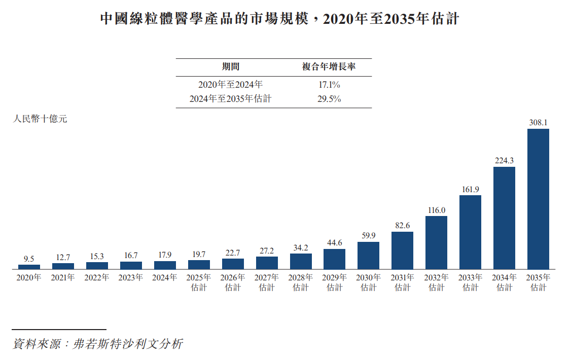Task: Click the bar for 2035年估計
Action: pyautogui.click(x=538, y=199)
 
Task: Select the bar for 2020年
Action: pyautogui.click(x=29, y=267)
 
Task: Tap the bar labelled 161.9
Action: pyautogui.click(x=470, y=232)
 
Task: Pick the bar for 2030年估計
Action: pyautogui.click(x=368, y=256)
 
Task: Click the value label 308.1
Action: pyautogui.click(x=538, y=123)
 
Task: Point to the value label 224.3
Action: pyautogui.click(x=504, y=160)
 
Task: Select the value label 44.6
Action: pyautogui.click(x=334, y=242)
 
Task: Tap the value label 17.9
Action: pyautogui.click(x=165, y=255)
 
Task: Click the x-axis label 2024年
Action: pyautogui.click(x=165, y=277)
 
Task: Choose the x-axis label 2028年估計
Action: pyautogui.click(x=301, y=282)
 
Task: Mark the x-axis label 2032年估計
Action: pyautogui.click(x=436, y=282)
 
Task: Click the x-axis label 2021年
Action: pyautogui.click(x=63, y=277)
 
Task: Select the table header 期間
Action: pyautogui.click(x=231, y=66)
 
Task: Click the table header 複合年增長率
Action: pyautogui.click(x=329, y=66)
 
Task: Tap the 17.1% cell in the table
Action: pyautogui.click(x=329, y=85)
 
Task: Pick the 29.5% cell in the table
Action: pyautogui.click(x=329, y=99)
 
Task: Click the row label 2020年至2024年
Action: pyautogui.click(x=230, y=85)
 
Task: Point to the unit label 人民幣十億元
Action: pyautogui.click(x=40, y=119)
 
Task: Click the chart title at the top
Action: pyautogui.click(x=279, y=19)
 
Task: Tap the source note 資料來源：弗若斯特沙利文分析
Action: pyautogui.click(x=97, y=344)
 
